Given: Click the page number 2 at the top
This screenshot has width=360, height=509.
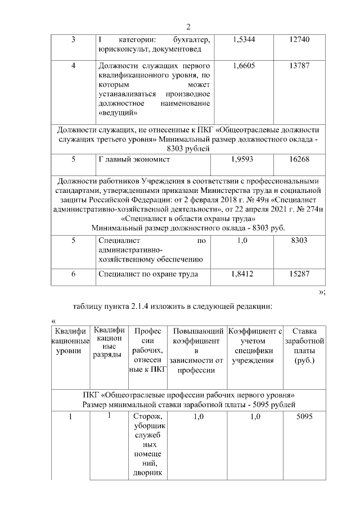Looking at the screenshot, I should coord(189,28).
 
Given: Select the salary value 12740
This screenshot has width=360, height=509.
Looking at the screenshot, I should coord(298,39).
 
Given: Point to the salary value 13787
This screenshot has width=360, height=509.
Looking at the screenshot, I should coord(298,66).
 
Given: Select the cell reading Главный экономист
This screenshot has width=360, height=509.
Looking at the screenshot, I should coord(134,159).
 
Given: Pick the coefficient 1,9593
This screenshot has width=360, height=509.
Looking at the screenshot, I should coord(242,159).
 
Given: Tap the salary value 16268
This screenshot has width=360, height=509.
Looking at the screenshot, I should coord(298,159).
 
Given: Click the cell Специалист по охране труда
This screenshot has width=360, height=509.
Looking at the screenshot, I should coord(147,274).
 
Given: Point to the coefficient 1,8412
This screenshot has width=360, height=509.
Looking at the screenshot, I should coord(242,274).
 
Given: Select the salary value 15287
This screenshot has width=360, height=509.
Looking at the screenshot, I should coord(298,274).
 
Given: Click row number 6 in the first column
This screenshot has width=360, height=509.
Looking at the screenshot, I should coord(73,274).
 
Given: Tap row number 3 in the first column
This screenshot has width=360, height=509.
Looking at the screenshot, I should coord(73,39).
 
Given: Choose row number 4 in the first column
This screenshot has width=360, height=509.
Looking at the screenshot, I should coord(73,66).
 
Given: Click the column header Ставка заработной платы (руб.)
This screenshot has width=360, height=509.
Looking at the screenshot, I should coord(304,350).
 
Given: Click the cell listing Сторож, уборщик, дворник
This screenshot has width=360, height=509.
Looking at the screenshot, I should coord(148,444).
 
